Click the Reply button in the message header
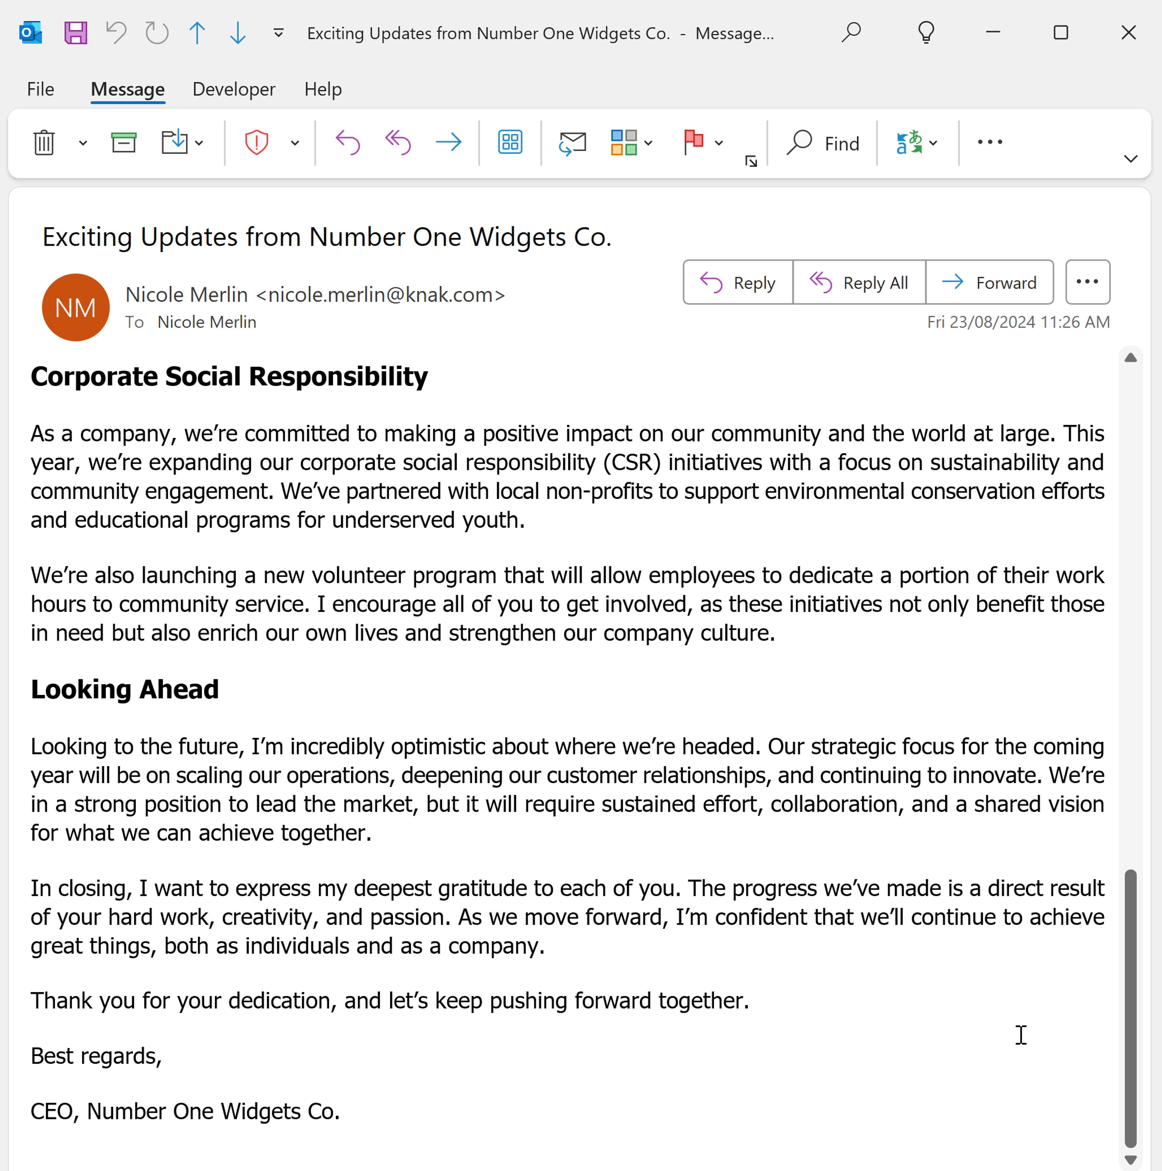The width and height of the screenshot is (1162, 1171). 738,282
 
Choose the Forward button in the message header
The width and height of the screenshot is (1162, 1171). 989,282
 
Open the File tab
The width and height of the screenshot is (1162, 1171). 41,89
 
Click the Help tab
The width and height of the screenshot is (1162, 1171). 323,89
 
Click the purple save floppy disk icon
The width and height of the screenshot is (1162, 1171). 76,33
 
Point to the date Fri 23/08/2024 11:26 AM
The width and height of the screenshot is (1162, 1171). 1018,322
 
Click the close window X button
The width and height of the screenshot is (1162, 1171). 1128,33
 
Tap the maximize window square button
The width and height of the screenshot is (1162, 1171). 1060,33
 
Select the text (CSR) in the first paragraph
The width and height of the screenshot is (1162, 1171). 631,462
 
